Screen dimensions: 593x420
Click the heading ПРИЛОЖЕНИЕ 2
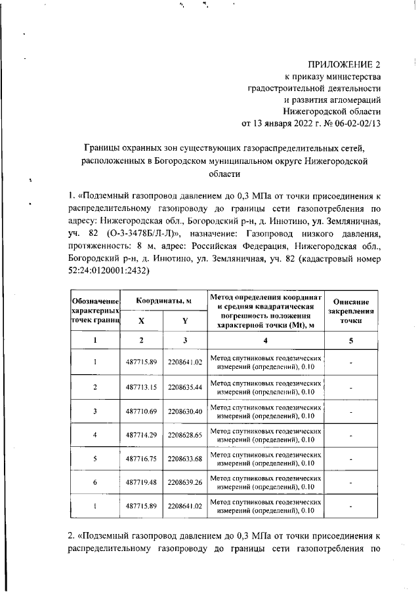coord(345,64)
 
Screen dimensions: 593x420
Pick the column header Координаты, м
coord(163,300)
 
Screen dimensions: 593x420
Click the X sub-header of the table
coord(141,321)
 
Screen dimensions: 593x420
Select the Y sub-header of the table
coord(185,321)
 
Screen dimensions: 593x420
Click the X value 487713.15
coord(141,387)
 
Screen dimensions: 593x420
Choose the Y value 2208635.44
coord(185,387)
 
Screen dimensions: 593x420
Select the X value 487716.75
coord(141,459)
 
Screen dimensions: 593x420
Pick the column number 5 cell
coord(351,341)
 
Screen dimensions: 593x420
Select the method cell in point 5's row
coord(266,459)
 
